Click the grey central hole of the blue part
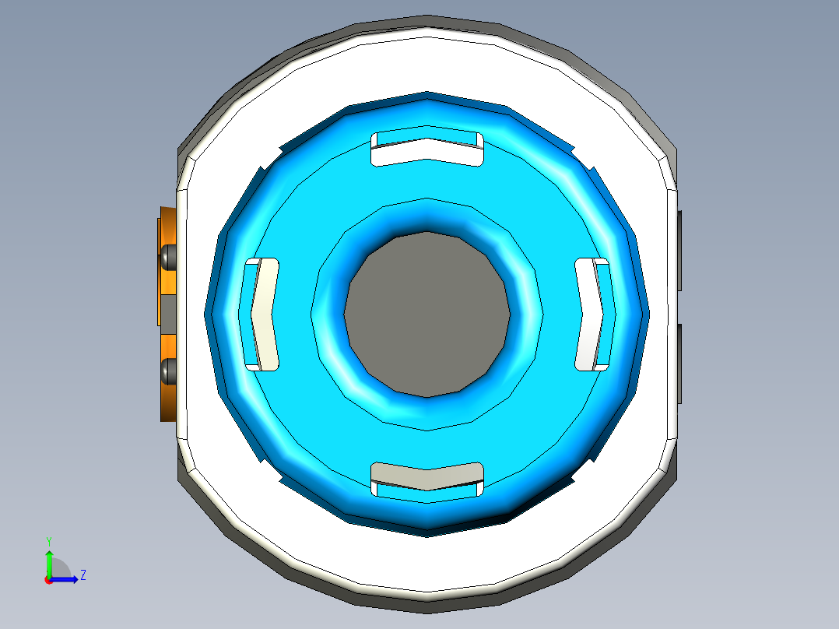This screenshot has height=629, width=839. coord(427,314)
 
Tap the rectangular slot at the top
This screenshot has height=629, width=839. coord(427,149)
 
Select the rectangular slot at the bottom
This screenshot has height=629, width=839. coord(427,480)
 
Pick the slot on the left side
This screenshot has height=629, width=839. coord(262,314)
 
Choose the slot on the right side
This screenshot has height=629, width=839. coord(592,314)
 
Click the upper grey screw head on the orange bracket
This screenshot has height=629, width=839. coord(169,257)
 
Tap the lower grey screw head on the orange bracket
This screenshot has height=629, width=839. coord(169,371)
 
